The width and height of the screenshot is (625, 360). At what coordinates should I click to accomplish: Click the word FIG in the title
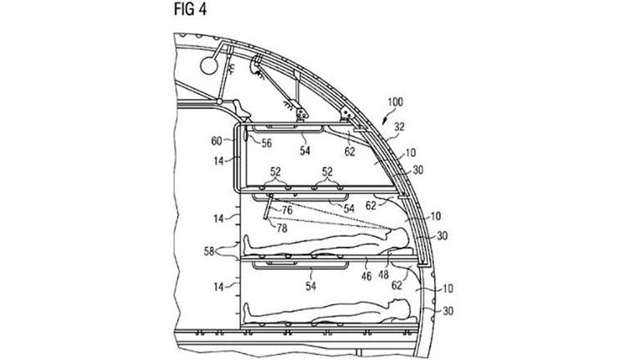pyautogui.click(x=184, y=9)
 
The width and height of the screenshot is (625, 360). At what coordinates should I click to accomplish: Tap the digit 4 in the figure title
pyautogui.click(x=202, y=9)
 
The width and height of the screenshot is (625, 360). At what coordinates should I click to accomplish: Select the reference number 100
pyautogui.click(x=395, y=102)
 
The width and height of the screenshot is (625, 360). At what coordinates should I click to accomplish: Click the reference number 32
pyautogui.click(x=399, y=127)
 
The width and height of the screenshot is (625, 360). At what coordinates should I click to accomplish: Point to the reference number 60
pyautogui.click(x=217, y=141)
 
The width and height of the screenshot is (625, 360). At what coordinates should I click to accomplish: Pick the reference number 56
pyautogui.click(x=267, y=143)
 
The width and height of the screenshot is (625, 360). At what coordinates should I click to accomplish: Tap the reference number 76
pyautogui.click(x=287, y=210)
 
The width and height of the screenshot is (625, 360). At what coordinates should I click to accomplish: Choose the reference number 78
pyautogui.click(x=282, y=227)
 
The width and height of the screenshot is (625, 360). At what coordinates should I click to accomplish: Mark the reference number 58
pyautogui.click(x=209, y=252)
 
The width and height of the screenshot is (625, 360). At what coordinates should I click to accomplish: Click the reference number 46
pyautogui.click(x=367, y=276)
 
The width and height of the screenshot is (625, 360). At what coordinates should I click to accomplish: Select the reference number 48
pyautogui.click(x=383, y=274)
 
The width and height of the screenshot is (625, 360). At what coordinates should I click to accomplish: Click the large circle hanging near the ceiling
pyautogui.click(x=209, y=65)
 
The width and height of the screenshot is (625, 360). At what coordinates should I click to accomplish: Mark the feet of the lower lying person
pyautogui.click(x=247, y=311)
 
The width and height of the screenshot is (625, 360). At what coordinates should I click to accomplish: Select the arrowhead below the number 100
pyautogui.click(x=385, y=119)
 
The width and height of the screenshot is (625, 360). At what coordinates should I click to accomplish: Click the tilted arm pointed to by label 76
pyautogui.click(x=267, y=207)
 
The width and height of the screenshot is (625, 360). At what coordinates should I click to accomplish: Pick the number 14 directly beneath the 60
pyautogui.click(x=218, y=161)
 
